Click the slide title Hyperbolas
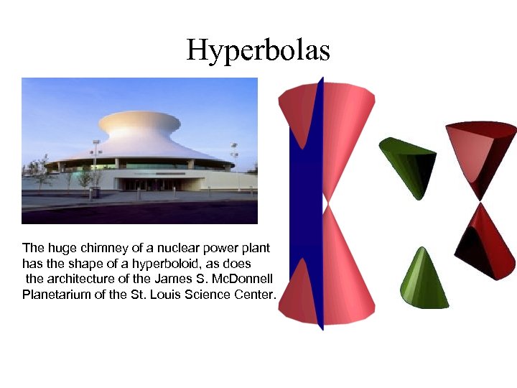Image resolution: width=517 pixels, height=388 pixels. tap(258, 50)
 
